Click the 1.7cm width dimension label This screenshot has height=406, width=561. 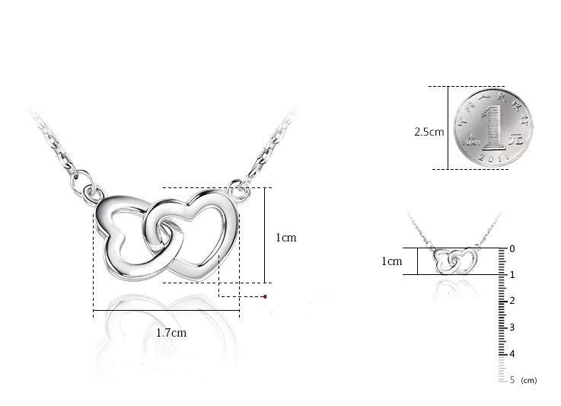tap(171, 333)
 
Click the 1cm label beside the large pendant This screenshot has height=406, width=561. tap(285, 238)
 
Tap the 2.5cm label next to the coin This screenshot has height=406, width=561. tap(429, 132)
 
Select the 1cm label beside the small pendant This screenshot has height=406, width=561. tap(391, 261)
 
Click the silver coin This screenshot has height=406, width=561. tap(489, 127)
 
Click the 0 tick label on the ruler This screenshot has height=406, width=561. tap(512, 248)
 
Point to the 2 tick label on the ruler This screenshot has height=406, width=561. tap(512, 301)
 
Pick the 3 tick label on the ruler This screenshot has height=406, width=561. tap(512, 328)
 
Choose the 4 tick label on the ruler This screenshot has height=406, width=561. tap(512, 353)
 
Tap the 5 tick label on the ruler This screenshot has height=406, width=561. tap(512, 379)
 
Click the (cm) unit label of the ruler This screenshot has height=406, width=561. tap(529, 380)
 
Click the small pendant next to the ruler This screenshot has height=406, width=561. tap(454, 261)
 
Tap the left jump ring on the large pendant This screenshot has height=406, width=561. tap(91, 190)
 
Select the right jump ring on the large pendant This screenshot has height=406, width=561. tap(239, 185)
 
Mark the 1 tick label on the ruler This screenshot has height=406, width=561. tap(512, 275)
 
